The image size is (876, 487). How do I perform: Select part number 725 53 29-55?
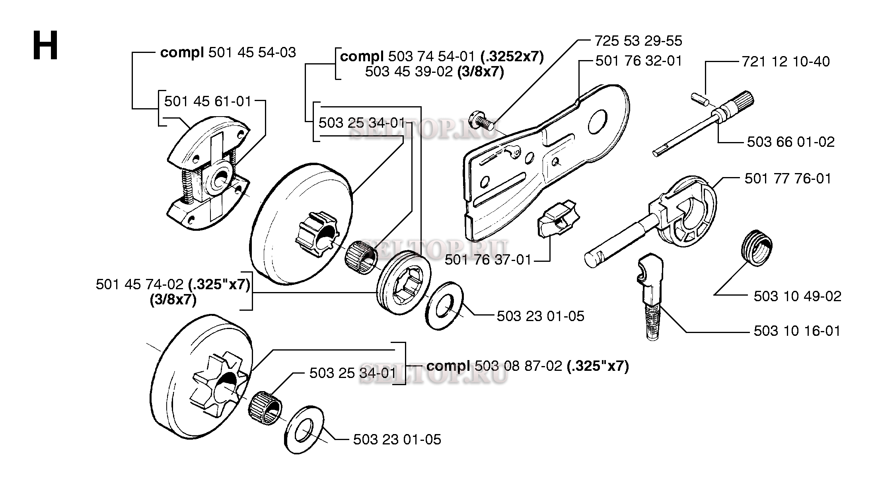pyautogui.click(x=638, y=41)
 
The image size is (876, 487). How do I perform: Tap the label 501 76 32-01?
pyautogui.click(x=639, y=61)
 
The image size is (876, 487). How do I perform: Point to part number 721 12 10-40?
pyautogui.click(x=786, y=62)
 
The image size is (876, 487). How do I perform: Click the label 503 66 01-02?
pyautogui.click(x=790, y=142)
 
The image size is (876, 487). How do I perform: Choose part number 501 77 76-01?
pyautogui.click(x=788, y=179)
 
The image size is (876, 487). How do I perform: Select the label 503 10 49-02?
pyautogui.click(x=797, y=296)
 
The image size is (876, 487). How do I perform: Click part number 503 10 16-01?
pyautogui.click(x=797, y=331)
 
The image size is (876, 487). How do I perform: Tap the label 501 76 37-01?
pyautogui.click(x=488, y=260)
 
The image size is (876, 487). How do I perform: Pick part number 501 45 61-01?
pyautogui.click(x=208, y=101)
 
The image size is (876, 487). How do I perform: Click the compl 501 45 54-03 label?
pyautogui.click(x=228, y=53)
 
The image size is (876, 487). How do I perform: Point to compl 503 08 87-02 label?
pyautogui.click(x=528, y=366)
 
